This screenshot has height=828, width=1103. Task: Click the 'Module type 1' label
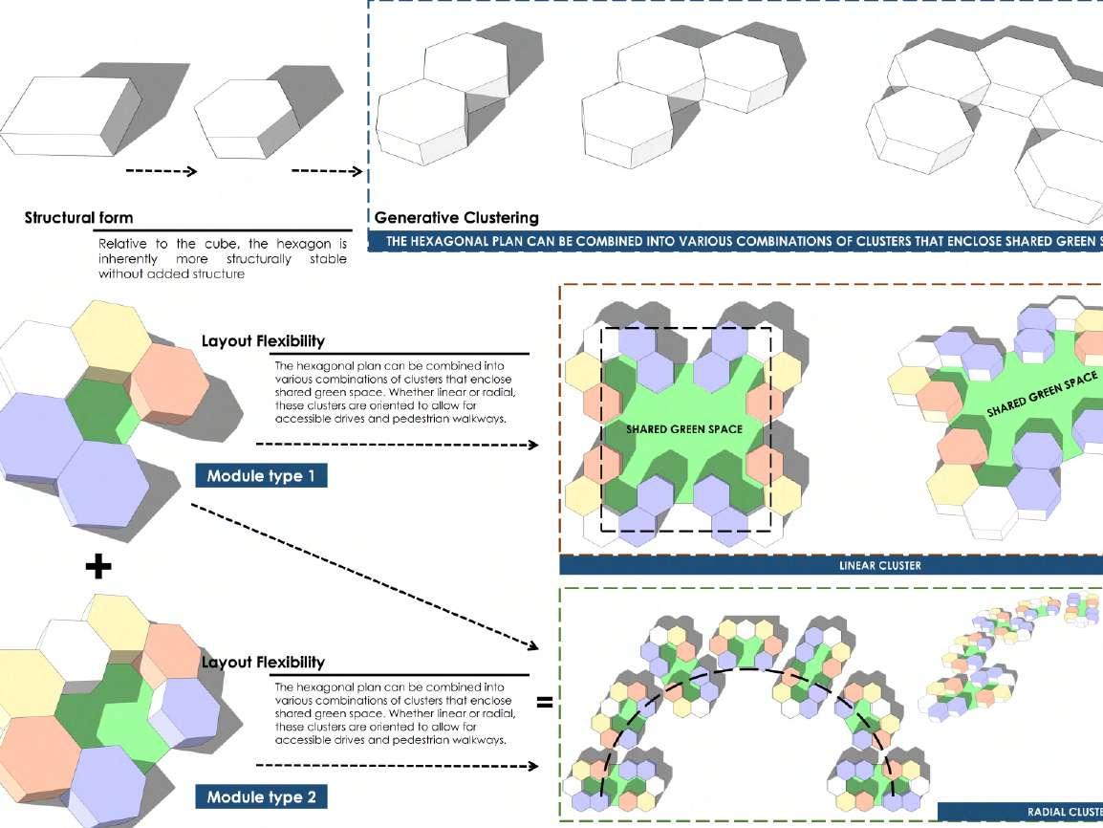261,475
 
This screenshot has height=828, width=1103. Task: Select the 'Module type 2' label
261,796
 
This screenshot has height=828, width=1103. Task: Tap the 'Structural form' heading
78,217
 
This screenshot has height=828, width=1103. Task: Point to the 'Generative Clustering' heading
457,217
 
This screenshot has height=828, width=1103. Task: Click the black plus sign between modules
98,566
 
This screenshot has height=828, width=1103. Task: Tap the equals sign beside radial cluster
545,702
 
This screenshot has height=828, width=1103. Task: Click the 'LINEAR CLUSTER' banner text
880,566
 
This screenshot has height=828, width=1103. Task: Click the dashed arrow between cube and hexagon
162,171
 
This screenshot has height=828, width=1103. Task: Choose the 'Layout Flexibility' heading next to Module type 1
263,341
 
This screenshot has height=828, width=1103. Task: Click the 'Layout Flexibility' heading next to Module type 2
263,662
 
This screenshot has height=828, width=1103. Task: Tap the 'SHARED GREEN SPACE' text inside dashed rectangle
684,429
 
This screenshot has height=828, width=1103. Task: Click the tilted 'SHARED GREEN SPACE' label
1042,394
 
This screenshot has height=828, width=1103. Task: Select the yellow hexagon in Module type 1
111,335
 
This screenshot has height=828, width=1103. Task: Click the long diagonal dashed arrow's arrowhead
533,645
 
